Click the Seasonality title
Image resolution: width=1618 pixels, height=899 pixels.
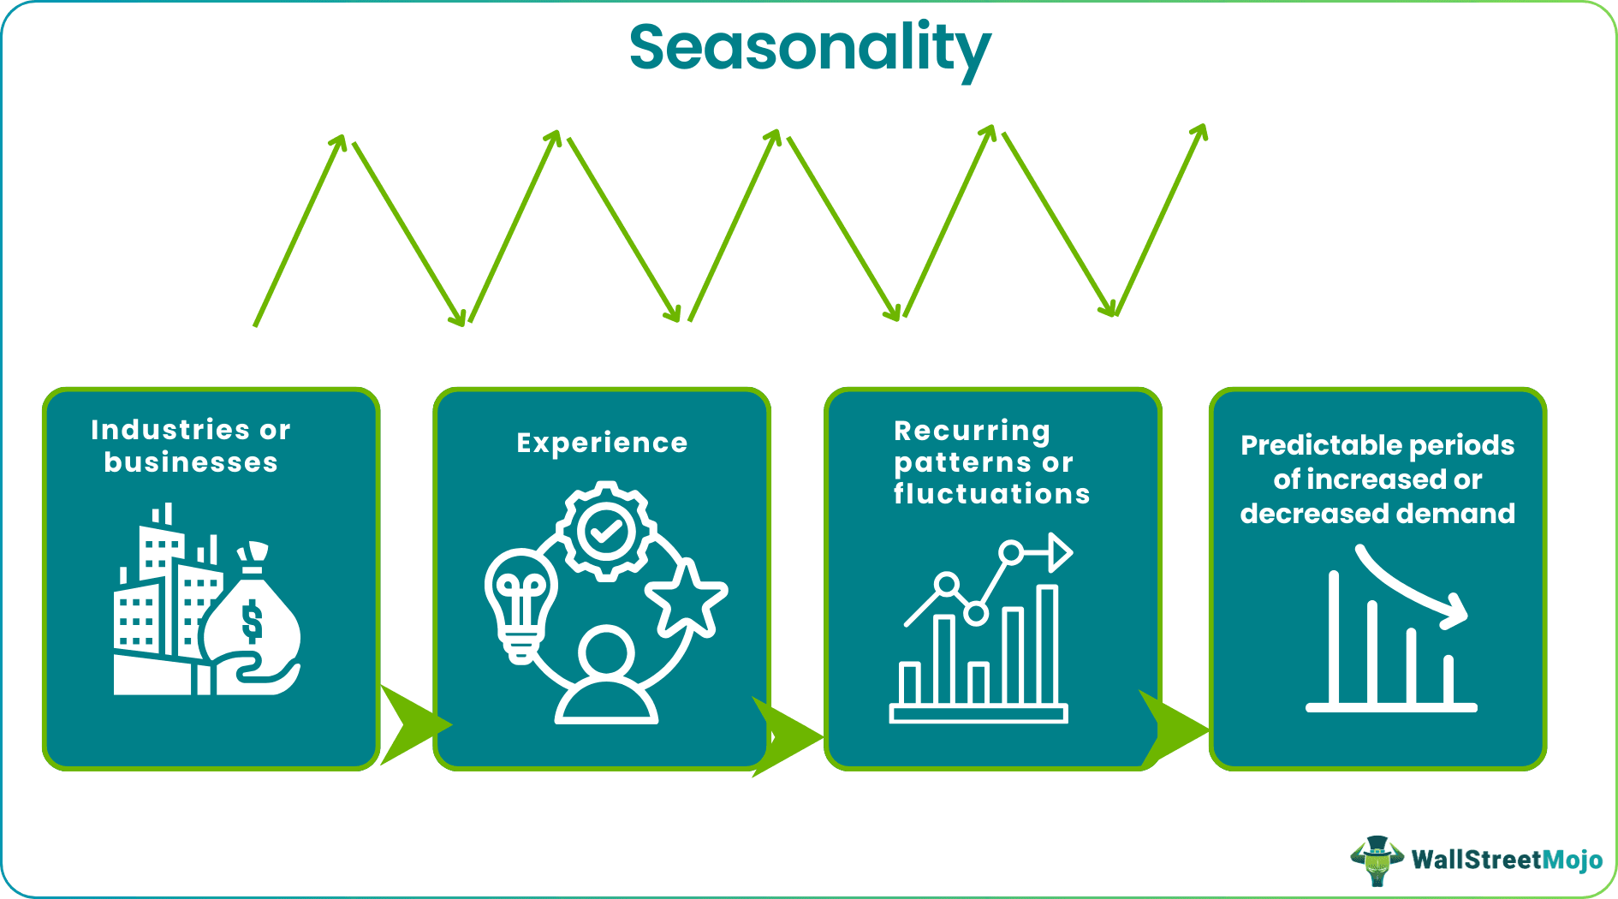[809, 48]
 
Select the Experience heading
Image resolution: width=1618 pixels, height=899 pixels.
[602, 443]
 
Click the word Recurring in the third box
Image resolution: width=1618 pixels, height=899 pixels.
[972, 430]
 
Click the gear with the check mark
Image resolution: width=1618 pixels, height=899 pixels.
[606, 531]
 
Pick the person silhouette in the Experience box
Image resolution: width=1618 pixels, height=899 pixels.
[606, 676]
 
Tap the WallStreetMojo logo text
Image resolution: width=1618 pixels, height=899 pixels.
[1506, 860]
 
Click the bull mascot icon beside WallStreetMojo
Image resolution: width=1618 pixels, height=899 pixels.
[1377, 860]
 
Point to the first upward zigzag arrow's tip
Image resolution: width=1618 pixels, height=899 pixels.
[342, 139]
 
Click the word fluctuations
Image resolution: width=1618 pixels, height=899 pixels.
[991, 494]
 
